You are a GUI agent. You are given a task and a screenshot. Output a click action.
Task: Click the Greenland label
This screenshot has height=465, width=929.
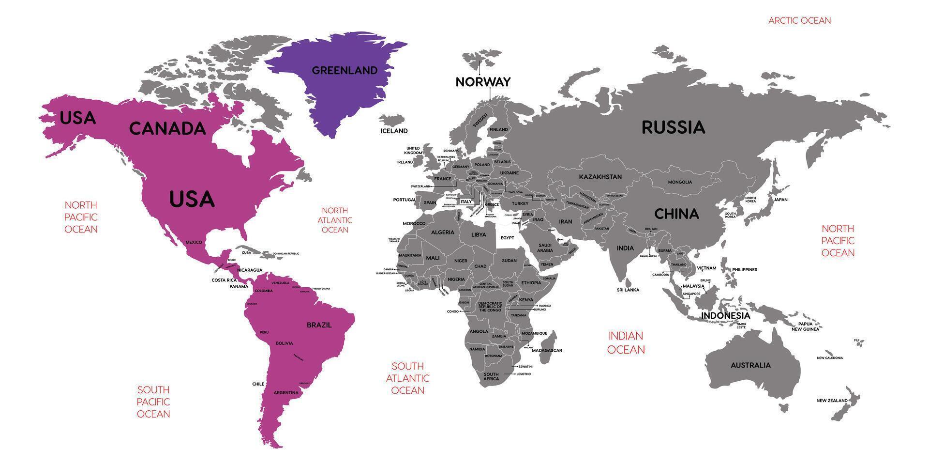[x=345, y=71]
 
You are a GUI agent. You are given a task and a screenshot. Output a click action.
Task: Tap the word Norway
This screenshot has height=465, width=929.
[x=483, y=82]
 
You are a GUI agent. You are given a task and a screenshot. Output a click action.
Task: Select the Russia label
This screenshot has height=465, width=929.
[x=673, y=127]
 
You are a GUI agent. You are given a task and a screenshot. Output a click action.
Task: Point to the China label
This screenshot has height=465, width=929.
[x=676, y=214]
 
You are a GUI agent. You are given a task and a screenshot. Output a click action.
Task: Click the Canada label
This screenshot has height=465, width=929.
[x=167, y=129]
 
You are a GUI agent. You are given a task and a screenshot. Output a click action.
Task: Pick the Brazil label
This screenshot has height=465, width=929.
[x=319, y=325]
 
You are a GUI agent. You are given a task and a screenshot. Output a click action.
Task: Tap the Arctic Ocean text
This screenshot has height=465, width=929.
[x=799, y=20]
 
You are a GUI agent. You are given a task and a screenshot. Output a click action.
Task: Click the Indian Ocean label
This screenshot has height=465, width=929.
[x=626, y=342]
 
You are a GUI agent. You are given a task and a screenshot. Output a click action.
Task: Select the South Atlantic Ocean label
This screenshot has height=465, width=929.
[x=407, y=378]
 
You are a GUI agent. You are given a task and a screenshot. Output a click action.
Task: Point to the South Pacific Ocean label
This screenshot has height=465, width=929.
[x=153, y=402]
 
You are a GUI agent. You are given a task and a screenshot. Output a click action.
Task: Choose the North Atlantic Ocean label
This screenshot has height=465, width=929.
[x=335, y=220]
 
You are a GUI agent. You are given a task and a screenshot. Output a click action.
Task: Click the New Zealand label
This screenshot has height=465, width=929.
[x=832, y=401]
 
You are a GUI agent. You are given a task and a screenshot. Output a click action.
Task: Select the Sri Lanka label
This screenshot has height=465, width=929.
[x=628, y=290]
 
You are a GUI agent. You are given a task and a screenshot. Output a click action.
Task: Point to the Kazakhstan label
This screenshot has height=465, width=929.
[x=600, y=177]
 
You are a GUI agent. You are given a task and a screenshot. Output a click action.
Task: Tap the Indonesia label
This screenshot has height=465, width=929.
[x=725, y=316]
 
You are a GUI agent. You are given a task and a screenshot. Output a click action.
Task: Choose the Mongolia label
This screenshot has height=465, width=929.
[x=680, y=182]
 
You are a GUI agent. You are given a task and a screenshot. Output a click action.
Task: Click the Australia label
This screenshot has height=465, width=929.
[x=750, y=365]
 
